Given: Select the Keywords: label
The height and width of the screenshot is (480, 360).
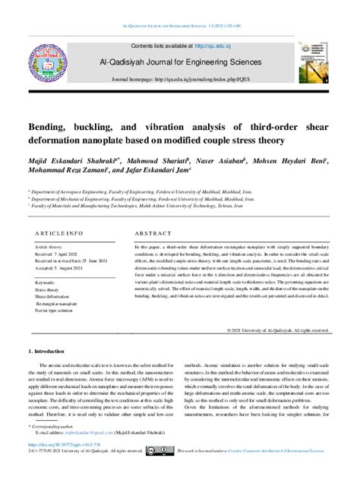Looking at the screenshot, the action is (46, 283).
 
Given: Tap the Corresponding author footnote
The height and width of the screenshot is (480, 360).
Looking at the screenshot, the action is (59, 428).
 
